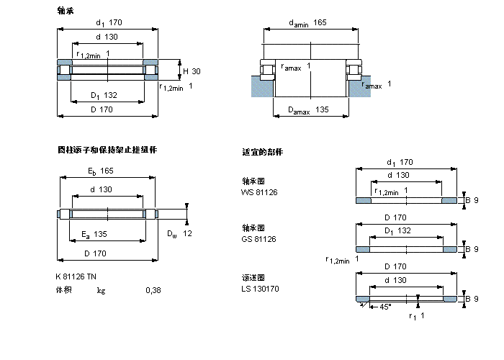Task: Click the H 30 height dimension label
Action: click(192, 71)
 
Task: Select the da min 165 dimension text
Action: click(307, 23)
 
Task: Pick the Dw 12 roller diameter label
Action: click(179, 234)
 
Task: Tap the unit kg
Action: click(102, 290)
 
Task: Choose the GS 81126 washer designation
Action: click(259, 238)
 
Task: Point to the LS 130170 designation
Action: click(260, 288)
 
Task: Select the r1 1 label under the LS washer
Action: click(416, 316)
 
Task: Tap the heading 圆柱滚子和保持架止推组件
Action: click(107, 150)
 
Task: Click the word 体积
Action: click(64, 290)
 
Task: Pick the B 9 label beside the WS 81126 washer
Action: click(470, 200)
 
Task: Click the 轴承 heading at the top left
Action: click(66, 10)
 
